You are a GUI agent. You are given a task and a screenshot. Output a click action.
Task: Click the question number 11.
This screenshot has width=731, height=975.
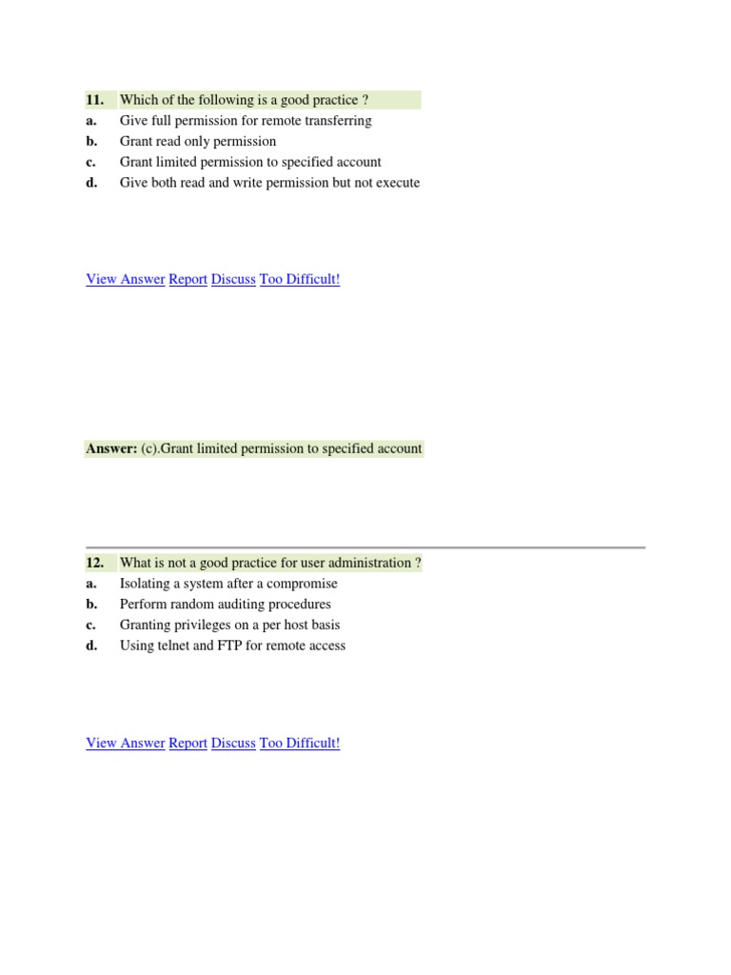[x=94, y=100]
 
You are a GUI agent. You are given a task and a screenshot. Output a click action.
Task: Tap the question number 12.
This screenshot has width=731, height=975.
[x=94, y=563]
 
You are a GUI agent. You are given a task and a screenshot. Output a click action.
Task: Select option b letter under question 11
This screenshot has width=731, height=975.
[x=91, y=142]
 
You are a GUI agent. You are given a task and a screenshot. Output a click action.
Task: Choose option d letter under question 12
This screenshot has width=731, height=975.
[x=91, y=647]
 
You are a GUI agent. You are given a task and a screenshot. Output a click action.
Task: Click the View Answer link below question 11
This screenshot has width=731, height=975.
[x=125, y=280]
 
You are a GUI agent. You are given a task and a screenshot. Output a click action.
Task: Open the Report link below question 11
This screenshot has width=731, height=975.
[x=188, y=280]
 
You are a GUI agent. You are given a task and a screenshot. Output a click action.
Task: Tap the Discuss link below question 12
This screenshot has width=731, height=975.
[x=233, y=744]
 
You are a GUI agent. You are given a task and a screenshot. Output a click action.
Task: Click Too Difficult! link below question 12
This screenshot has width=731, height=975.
[x=300, y=744]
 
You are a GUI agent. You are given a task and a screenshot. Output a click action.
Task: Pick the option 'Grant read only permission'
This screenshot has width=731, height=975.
[x=198, y=142]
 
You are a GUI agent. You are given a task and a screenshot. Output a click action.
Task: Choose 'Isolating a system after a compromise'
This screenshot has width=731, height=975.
[x=228, y=584]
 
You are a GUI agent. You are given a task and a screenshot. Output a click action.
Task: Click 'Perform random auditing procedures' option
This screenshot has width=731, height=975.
[x=226, y=605]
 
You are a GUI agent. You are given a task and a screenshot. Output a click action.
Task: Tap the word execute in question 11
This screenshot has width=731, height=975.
[x=397, y=183]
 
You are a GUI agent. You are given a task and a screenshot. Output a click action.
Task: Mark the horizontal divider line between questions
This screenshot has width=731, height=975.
[x=365, y=547]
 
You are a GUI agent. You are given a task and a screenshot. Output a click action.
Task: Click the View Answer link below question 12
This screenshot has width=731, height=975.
[x=125, y=744]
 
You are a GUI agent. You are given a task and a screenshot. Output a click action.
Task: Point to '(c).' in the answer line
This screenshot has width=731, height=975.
[x=151, y=448]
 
